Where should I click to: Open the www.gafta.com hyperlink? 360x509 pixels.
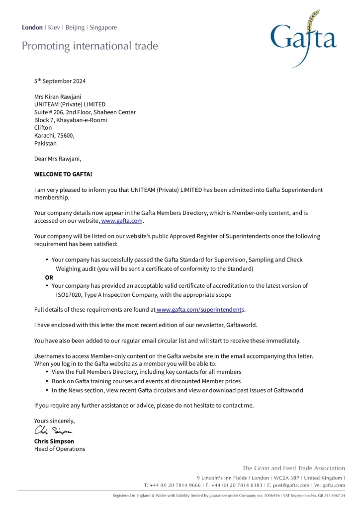coord(122,221)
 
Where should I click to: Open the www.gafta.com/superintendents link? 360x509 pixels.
coord(200,310)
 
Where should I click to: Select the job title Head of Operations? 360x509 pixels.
coord(60,449)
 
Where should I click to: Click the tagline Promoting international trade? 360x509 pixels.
coord(90,47)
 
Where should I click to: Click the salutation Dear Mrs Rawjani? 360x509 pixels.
coord(57,159)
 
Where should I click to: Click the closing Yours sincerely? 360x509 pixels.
coord(54,421)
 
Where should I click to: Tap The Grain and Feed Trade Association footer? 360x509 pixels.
coord(293,468)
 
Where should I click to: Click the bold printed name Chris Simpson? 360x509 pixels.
coord(54,441)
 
